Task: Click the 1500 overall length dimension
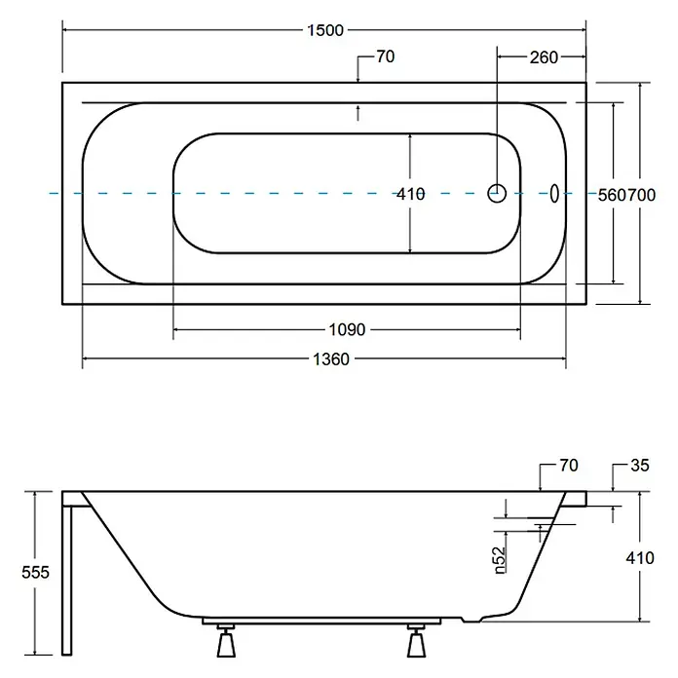click(325, 30)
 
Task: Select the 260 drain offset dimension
click(544, 57)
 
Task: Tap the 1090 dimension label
click(347, 330)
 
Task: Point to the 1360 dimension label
click(331, 359)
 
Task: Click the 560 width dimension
click(612, 196)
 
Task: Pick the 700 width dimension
click(641, 196)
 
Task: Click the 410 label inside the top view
click(411, 194)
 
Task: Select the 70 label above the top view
click(385, 56)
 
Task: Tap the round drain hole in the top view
click(497, 193)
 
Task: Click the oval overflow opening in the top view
click(554, 193)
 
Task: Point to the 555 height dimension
click(35, 573)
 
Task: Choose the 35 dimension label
click(640, 466)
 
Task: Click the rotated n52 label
click(500, 560)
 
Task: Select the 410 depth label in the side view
click(640, 558)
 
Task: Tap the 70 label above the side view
click(569, 466)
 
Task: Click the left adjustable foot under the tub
click(226, 641)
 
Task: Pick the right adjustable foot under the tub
click(416, 641)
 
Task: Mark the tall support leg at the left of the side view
click(66, 581)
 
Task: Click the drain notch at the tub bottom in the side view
click(471, 620)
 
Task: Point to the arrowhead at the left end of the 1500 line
click(66, 30)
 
